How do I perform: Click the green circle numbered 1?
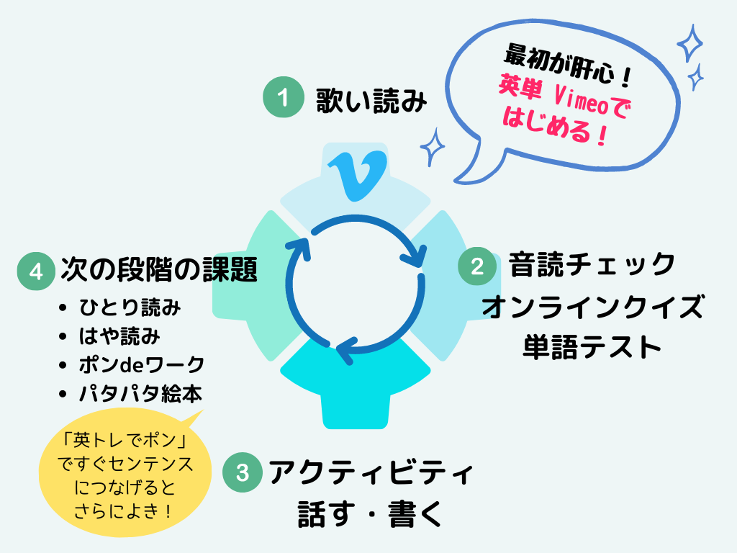(286, 98)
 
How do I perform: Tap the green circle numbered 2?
(477, 266)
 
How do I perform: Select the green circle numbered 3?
(243, 472)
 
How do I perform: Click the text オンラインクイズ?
(592, 307)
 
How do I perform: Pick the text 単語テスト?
(592, 347)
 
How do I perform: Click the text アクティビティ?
(371, 473)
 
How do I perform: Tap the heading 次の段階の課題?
(159, 270)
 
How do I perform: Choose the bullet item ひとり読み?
(130, 308)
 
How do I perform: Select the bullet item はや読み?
(119, 336)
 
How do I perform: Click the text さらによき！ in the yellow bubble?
(124, 511)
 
